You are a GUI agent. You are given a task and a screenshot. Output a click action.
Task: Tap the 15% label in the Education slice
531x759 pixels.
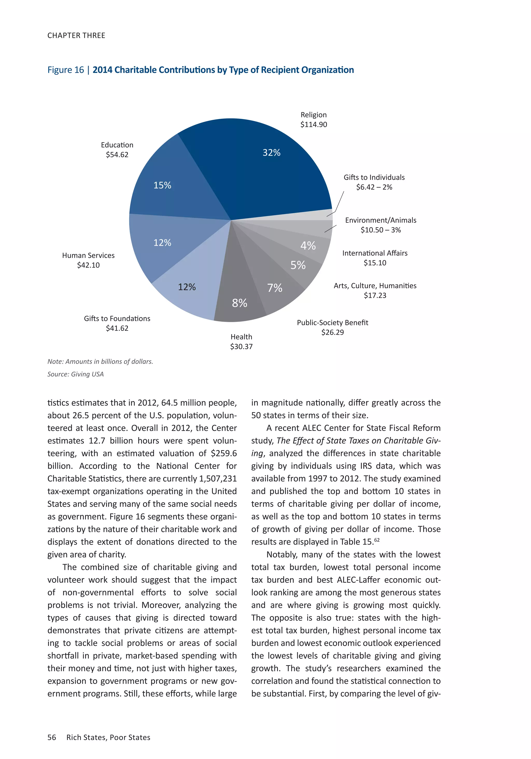click(162, 185)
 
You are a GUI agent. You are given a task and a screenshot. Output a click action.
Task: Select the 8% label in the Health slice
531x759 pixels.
click(240, 303)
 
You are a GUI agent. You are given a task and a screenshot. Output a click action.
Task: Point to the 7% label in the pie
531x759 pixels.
click(275, 288)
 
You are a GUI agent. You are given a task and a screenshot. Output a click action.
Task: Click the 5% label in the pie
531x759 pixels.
click(298, 265)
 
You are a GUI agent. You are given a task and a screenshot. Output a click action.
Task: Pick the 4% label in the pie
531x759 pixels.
click(308, 245)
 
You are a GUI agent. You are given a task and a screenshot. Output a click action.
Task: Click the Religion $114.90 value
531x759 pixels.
click(313, 125)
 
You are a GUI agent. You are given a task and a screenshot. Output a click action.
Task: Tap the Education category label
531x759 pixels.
click(117, 145)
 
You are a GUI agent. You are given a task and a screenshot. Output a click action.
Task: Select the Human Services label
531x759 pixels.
click(88, 255)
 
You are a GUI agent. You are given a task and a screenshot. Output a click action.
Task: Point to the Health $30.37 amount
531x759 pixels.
click(241, 347)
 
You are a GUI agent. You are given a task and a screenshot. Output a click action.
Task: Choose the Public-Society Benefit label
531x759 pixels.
click(332, 322)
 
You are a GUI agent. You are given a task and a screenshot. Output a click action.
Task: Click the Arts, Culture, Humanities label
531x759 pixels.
click(375, 286)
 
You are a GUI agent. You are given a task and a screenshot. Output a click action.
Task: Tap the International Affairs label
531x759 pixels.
click(375, 253)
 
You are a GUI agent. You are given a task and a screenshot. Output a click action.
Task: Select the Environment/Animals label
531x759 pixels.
click(381, 220)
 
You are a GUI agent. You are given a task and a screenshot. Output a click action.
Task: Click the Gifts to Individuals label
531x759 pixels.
click(374, 177)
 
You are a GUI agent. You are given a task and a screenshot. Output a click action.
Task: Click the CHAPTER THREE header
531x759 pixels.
click(76, 35)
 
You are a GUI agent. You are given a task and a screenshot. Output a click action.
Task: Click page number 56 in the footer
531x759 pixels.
click(52, 737)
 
